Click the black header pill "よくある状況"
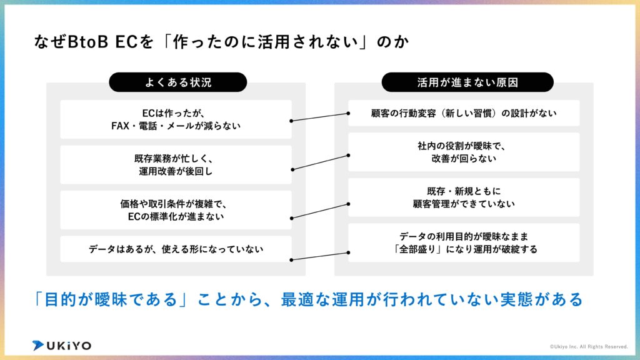pos(178,82)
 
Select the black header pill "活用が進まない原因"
pos(467,82)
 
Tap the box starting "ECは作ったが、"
pos(176,119)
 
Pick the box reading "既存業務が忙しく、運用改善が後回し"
pos(176,164)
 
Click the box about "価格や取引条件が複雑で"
pos(176,210)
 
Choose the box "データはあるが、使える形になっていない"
pos(176,249)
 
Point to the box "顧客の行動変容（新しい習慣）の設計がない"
pos(464,113)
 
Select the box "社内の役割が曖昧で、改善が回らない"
pos(464,152)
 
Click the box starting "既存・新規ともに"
pos(464,197)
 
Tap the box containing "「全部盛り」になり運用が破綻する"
pos(464,242)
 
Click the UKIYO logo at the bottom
pos(62,345)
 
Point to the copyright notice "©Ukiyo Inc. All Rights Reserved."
pos(589,346)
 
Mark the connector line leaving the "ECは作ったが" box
pos(320,117)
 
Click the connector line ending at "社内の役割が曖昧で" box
pos(320,161)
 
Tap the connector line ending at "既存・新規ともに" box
pos(320,210)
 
